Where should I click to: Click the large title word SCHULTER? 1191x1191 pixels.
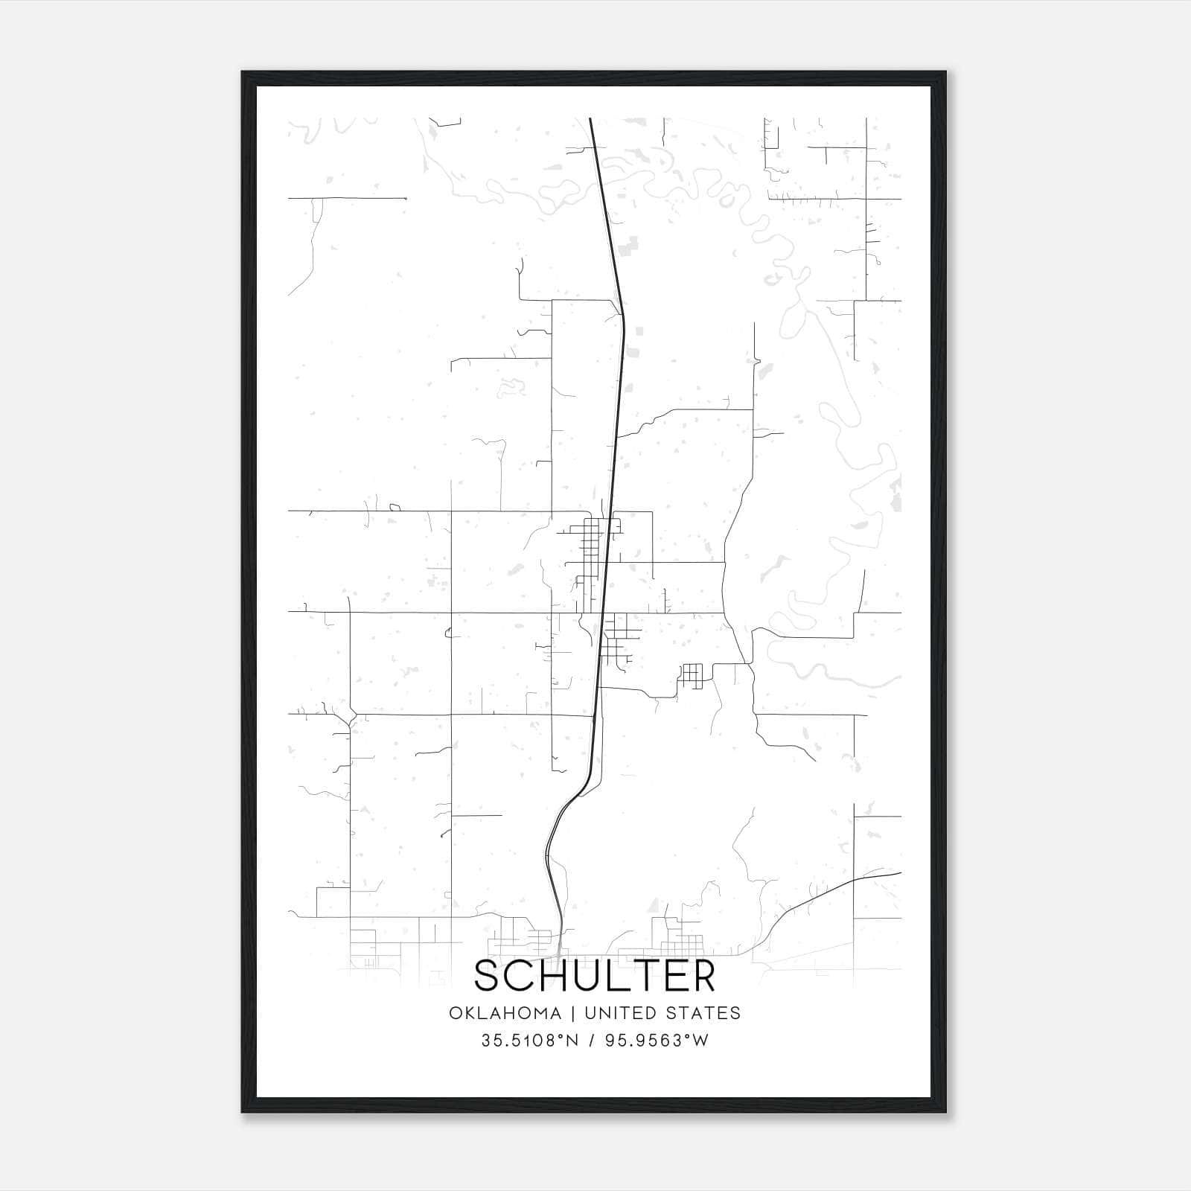click(595, 976)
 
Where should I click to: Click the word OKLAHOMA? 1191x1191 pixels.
click(505, 1013)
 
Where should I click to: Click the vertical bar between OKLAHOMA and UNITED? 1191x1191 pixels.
click(573, 1013)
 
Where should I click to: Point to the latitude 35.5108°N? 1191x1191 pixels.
click(529, 1041)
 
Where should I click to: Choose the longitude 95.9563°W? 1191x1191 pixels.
click(657, 1041)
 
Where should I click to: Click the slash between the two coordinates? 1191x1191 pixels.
click(592, 1041)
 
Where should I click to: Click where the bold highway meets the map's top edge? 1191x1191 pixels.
click(590, 118)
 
